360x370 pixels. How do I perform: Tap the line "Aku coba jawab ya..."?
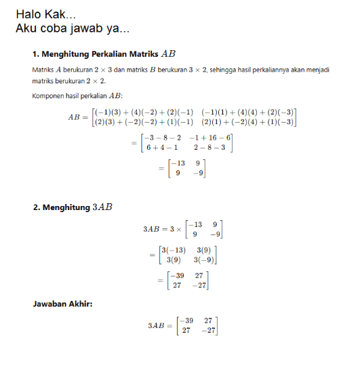[73, 29]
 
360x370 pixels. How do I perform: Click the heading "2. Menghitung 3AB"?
[73, 207]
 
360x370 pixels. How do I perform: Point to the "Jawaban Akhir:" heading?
[62, 303]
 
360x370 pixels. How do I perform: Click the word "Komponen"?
[49, 97]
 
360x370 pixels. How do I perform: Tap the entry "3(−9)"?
[205, 260]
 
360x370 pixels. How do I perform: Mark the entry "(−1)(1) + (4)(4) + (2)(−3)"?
[247, 112]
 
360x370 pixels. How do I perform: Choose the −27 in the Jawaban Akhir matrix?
[208, 331]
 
